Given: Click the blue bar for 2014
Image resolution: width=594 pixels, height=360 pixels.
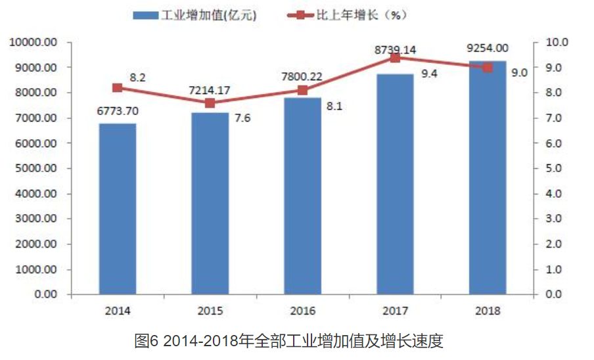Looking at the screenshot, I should (x=118, y=208).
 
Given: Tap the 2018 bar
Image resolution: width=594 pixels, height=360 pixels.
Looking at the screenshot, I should (x=488, y=177).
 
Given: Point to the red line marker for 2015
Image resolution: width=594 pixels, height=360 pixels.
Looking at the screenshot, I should (x=210, y=103).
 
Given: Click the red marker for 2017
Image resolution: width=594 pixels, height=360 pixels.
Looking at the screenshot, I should (x=395, y=58).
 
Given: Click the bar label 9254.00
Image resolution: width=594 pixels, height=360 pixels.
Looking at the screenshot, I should (x=487, y=47).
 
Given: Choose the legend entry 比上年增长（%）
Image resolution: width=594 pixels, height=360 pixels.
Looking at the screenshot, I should (x=358, y=14).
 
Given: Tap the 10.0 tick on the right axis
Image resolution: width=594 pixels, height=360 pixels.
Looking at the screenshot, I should (x=555, y=42).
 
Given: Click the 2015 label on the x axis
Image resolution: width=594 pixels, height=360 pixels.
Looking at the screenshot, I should (x=210, y=310).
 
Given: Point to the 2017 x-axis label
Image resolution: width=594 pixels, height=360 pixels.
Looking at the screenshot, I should (x=395, y=310).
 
